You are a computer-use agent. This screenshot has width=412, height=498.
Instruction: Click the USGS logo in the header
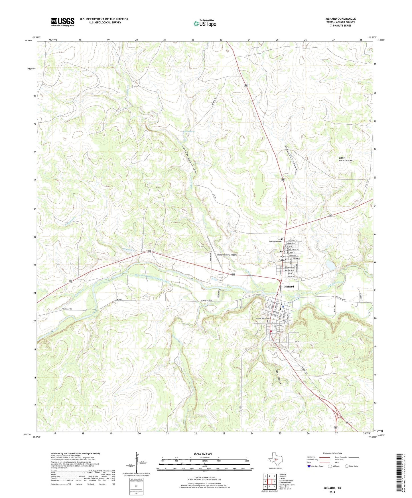[63, 22]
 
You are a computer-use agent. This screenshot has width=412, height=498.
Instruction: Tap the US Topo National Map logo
[205, 23]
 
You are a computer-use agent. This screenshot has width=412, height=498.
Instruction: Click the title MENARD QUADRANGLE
[340, 19]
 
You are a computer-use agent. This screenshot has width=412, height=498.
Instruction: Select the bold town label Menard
[289, 287]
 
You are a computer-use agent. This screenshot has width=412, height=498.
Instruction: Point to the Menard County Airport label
[227, 255]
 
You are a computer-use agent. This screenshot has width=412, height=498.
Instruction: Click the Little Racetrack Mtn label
[346, 159]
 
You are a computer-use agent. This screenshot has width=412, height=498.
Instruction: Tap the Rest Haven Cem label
[275, 242]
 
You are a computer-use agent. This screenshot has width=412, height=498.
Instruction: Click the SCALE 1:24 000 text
[202, 454]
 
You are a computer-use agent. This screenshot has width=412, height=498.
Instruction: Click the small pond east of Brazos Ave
[331, 266]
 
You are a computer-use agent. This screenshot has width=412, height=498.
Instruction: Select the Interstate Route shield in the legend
[309, 466]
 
